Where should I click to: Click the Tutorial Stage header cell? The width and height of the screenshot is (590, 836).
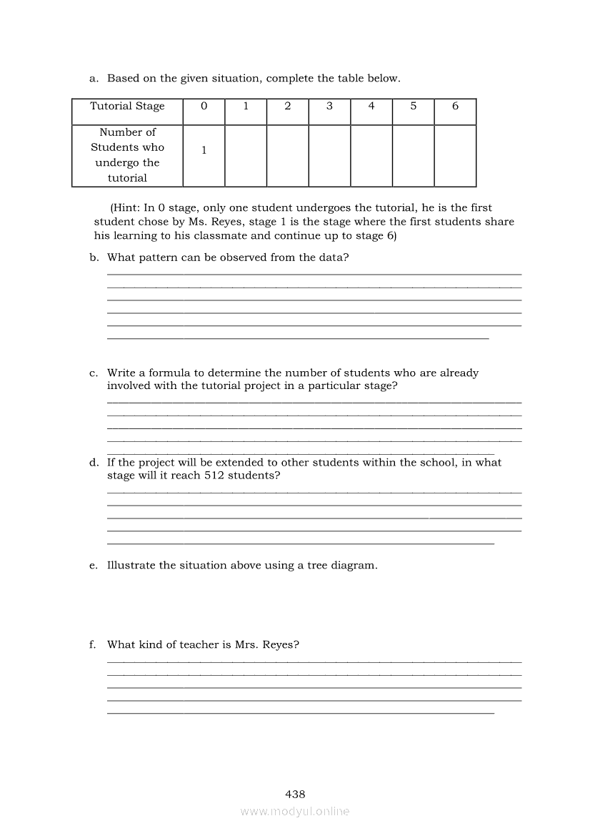tap(127, 107)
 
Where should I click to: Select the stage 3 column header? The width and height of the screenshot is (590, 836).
tap(329, 107)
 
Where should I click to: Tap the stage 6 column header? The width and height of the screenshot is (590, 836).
tap(455, 107)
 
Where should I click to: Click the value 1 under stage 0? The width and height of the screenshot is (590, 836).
tap(204, 151)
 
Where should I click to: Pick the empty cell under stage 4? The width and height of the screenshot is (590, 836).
tap(371, 155)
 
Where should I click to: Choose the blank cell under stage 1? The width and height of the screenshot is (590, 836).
tap(246, 155)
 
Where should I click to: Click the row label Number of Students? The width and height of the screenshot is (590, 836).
tap(127, 154)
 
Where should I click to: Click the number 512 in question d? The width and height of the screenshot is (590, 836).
tap(214, 476)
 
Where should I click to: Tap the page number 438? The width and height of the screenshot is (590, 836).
tap(295, 794)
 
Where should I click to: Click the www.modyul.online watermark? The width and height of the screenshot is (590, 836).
tap(295, 812)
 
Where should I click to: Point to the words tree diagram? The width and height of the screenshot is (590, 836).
tap(340, 566)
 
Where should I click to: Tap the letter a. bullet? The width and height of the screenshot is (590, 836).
tap(93, 79)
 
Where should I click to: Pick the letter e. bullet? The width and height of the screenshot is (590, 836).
tap(93, 566)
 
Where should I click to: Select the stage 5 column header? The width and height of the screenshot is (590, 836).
tap(414, 107)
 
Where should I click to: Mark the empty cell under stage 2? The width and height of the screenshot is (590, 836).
tap(287, 155)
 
